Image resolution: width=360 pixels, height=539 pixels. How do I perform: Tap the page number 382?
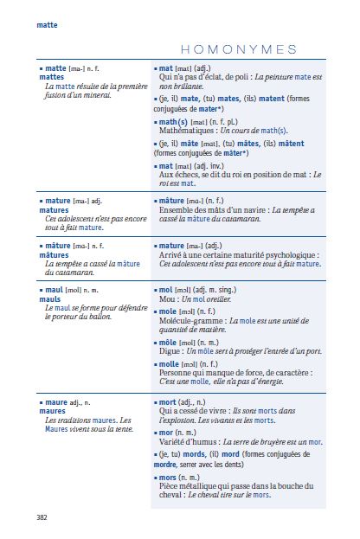point(42,517)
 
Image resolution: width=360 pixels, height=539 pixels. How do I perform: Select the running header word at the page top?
point(47,25)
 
